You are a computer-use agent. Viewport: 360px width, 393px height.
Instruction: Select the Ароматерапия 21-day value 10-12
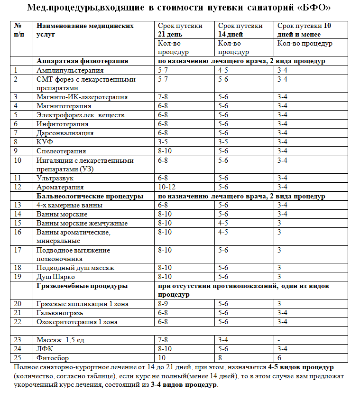tap(166, 187)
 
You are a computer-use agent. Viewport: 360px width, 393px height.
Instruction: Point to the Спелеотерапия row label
tap(61, 151)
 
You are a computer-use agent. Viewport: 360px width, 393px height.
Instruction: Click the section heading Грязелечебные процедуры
tap(82, 286)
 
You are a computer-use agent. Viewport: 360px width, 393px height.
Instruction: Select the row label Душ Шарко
tap(55, 277)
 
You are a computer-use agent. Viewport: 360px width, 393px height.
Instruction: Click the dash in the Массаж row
tap(278, 340)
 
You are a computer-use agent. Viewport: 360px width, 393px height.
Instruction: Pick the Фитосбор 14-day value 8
tap(220, 358)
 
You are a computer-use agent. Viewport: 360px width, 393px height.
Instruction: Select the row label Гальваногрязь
tap(58, 313)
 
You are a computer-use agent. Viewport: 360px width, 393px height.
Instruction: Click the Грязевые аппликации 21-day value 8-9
tap(164, 304)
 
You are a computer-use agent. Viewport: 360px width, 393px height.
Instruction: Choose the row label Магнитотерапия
tap(62, 106)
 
